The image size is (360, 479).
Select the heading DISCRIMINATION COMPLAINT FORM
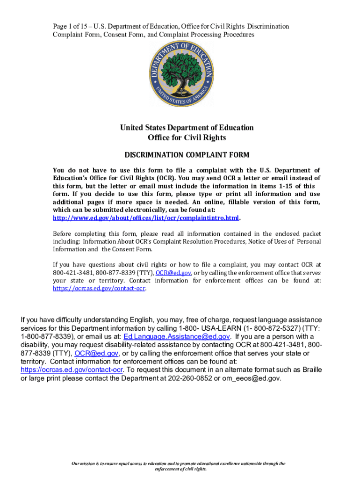[x=187, y=155]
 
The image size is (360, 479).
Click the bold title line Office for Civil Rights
[x=187, y=138]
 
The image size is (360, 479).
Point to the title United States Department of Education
[x=187, y=128]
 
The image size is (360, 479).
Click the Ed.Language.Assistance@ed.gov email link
[x=177, y=337]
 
